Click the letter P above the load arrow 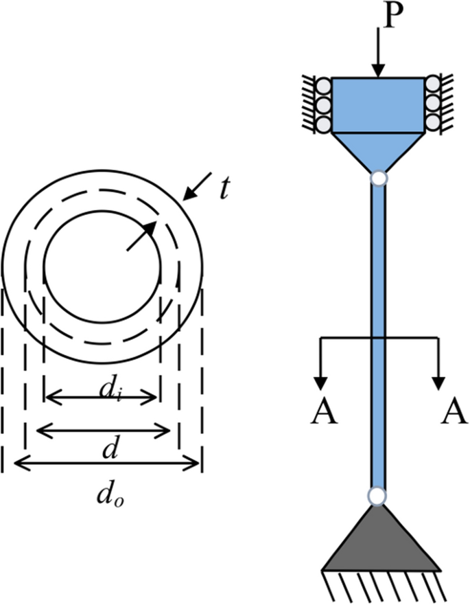[x=389, y=15]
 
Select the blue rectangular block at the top [x=377, y=104]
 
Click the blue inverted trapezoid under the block [x=377, y=150]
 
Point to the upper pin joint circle [x=377, y=179]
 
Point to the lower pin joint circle [x=377, y=495]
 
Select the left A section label [x=325, y=413]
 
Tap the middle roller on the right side [x=433, y=105]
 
